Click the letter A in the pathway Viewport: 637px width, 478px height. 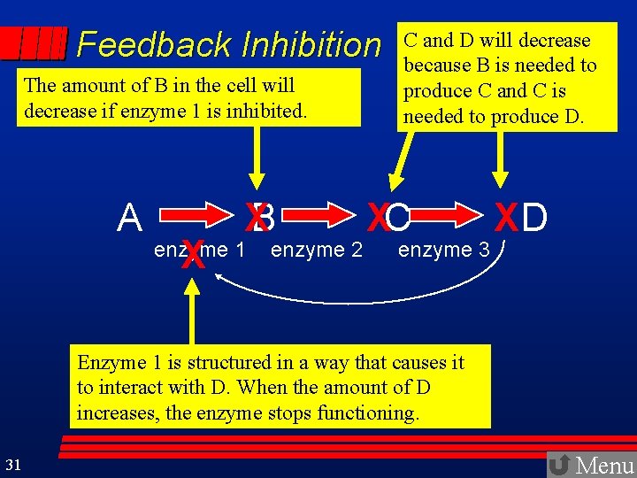tap(131, 218)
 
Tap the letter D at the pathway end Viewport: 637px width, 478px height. tap(534, 218)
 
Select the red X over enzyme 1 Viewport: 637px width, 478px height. tap(192, 256)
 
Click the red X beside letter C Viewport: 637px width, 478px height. tap(379, 218)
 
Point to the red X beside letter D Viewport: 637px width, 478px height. tap(505, 218)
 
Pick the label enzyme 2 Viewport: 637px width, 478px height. tap(317, 251)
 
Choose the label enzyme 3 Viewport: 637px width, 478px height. tap(444, 251)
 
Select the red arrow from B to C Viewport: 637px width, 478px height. tap(325, 217)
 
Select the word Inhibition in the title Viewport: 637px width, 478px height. tap(311, 44)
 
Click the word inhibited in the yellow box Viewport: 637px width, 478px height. tap(267, 111)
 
